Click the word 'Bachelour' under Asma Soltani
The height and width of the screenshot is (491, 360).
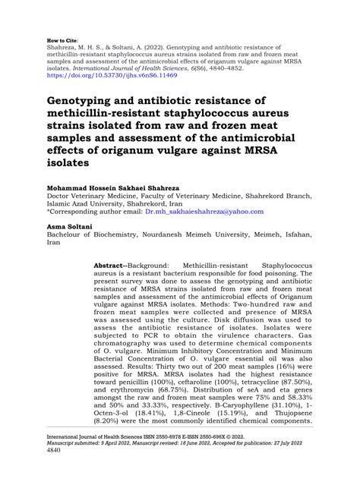point(68,235)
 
